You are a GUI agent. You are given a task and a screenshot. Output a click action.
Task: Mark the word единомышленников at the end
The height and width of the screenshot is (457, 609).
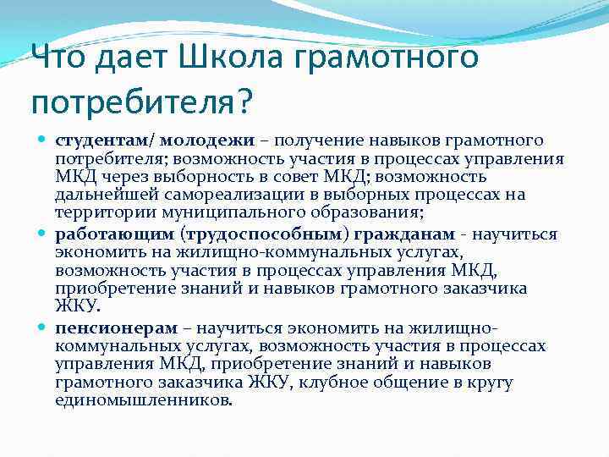pos(142,400)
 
